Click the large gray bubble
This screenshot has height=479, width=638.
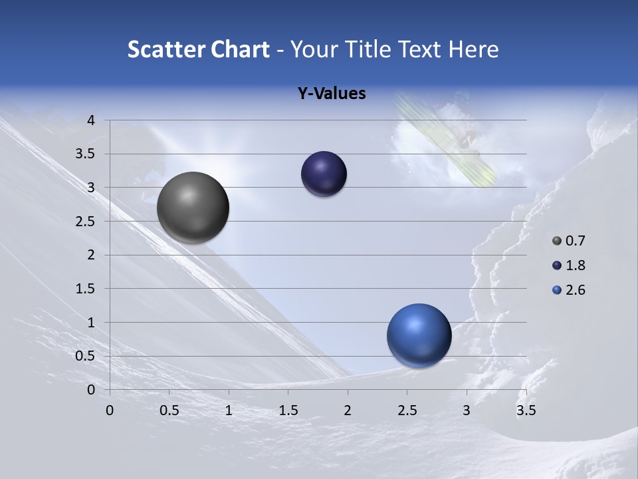193,208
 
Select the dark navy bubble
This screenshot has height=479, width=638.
324,174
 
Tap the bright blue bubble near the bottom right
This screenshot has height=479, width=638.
419,335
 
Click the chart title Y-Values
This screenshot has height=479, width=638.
332,94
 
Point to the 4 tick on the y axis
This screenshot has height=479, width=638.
91,120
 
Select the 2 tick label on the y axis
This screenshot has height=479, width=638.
91,255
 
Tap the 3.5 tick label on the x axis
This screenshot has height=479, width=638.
526,410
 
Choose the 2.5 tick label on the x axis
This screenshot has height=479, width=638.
407,410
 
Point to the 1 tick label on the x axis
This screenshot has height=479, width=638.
229,410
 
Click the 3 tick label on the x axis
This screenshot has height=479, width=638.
467,410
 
